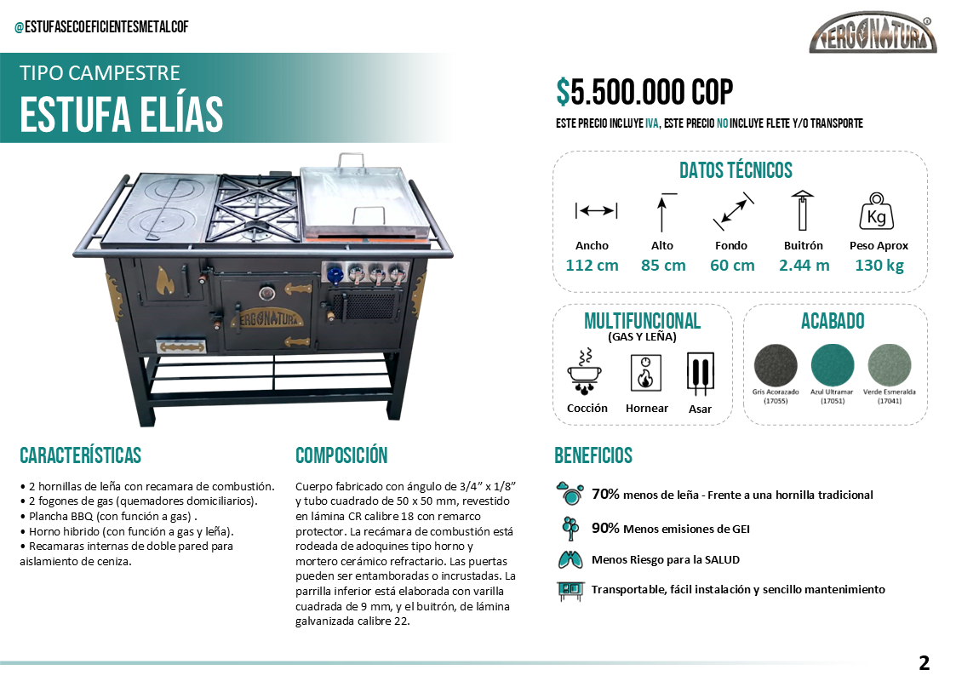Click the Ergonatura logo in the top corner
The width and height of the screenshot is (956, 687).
(x=873, y=35)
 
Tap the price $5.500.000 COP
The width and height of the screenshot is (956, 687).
(x=644, y=92)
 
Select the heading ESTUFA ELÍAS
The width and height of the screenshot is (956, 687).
(x=121, y=114)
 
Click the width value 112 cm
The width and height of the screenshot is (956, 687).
(x=592, y=265)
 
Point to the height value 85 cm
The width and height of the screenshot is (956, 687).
(x=663, y=265)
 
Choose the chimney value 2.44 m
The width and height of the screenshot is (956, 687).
(x=804, y=265)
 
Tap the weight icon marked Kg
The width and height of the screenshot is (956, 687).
(x=876, y=212)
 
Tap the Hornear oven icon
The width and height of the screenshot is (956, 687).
(x=646, y=373)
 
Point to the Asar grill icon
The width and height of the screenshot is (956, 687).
(x=700, y=375)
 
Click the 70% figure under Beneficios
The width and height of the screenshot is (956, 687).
(x=605, y=494)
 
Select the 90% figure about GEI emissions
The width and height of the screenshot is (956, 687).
(x=605, y=528)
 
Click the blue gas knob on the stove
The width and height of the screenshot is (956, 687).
(x=337, y=274)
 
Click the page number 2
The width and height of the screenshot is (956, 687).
(x=924, y=663)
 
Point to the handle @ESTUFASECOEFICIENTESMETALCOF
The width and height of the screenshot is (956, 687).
(x=101, y=27)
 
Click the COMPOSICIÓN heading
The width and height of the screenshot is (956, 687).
(x=341, y=455)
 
